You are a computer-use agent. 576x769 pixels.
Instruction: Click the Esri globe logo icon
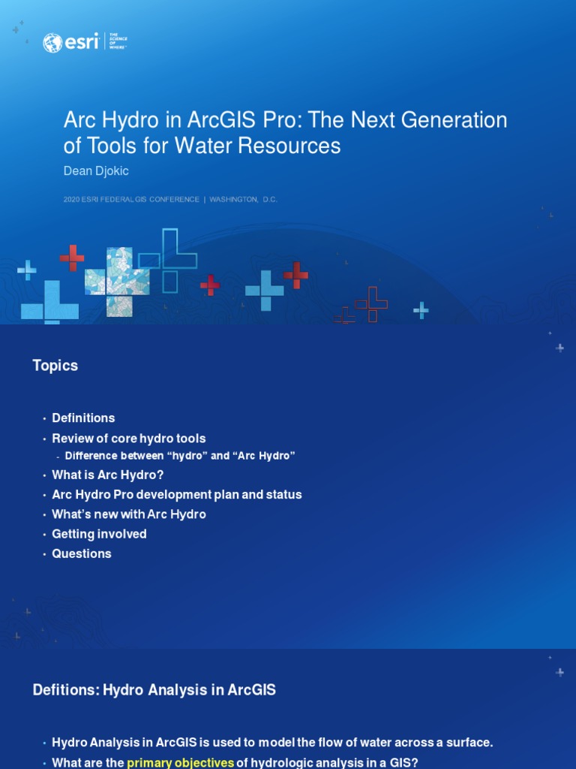(x=52, y=43)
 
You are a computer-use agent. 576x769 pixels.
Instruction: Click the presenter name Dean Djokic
(x=96, y=171)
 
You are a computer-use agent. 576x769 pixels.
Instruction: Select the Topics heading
(x=55, y=366)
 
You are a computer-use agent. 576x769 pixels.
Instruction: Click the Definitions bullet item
(x=83, y=418)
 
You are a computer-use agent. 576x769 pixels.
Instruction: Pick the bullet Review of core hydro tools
(x=128, y=439)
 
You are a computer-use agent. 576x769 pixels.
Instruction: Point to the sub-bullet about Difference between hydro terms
(x=180, y=456)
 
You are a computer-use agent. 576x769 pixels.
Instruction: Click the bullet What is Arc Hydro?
(x=107, y=475)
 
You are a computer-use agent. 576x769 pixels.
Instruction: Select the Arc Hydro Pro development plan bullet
(x=176, y=495)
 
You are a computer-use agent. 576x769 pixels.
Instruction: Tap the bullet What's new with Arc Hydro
(x=128, y=514)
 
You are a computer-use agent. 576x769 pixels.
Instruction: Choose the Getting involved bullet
(x=99, y=534)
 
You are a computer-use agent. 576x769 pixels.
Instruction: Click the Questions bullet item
(x=81, y=553)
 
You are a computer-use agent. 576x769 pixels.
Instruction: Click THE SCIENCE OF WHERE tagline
(x=118, y=42)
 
